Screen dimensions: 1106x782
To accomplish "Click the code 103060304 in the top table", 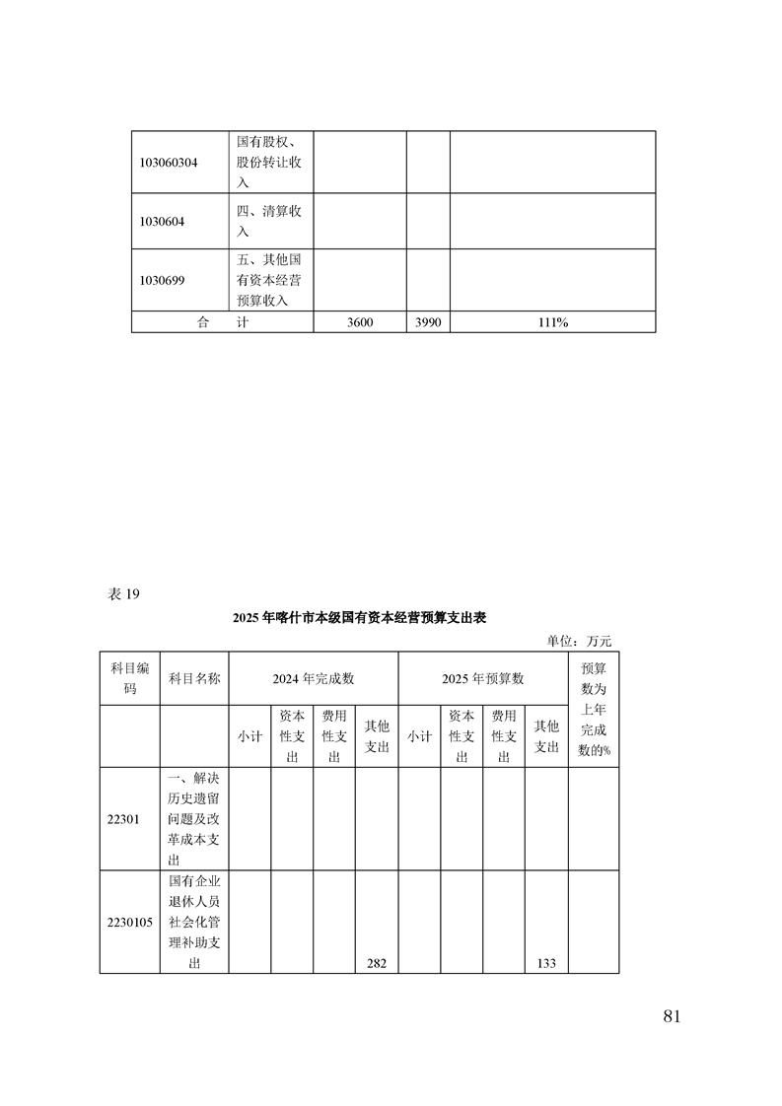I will click(x=170, y=163).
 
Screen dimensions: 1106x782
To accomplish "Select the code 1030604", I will click(x=163, y=222).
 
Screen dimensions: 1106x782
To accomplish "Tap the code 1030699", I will click(x=163, y=280).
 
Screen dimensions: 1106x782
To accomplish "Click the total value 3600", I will click(x=360, y=322).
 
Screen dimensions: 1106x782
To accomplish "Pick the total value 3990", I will click(x=428, y=322).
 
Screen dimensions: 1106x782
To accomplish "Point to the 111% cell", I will click(x=553, y=322).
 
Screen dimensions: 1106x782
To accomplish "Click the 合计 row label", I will click(x=222, y=322).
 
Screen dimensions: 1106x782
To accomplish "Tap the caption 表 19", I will click(x=123, y=593).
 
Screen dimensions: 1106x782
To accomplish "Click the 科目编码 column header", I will click(x=129, y=678).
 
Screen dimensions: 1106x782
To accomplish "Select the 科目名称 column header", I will click(x=194, y=678).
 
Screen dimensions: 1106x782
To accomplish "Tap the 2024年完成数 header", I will click(x=313, y=678).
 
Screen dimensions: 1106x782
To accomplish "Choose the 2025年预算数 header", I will click(x=482, y=678).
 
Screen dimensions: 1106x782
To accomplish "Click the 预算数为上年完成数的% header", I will click(x=594, y=709).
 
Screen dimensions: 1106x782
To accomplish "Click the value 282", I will click(x=376, y=963).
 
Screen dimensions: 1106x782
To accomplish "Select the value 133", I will click(x=546, y=963).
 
